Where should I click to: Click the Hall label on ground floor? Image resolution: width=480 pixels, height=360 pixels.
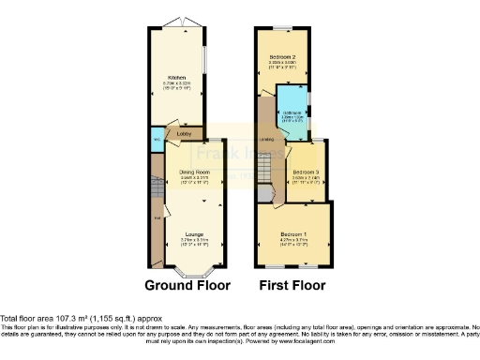157,219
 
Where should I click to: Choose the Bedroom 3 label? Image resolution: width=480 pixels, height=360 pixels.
305,172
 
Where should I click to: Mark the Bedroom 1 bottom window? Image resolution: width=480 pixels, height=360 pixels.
292,262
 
